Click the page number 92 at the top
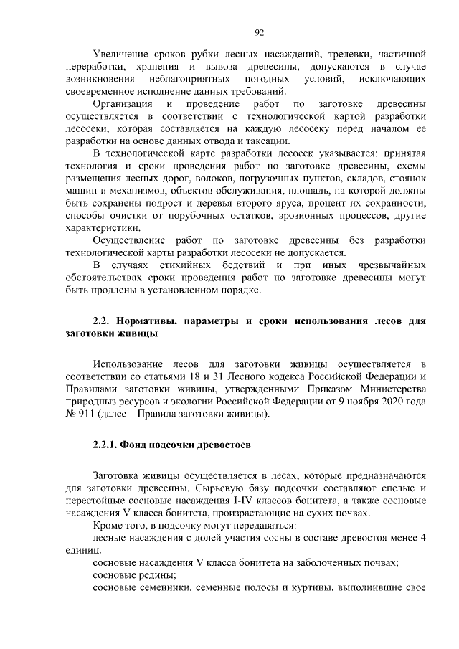260,32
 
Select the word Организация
123,103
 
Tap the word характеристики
99,228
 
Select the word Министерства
389,389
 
